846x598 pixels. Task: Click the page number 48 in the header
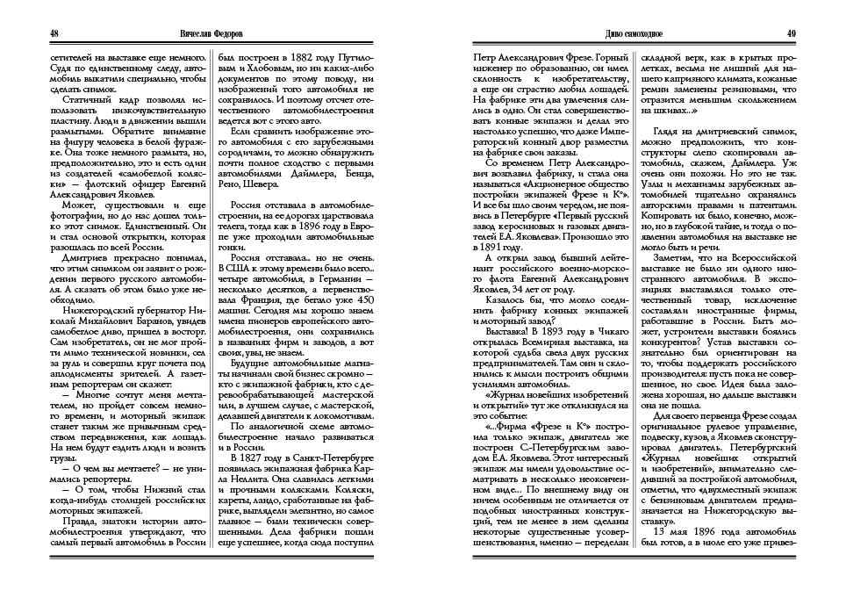click(54, 33)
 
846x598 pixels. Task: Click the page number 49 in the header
click(791, 33)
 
